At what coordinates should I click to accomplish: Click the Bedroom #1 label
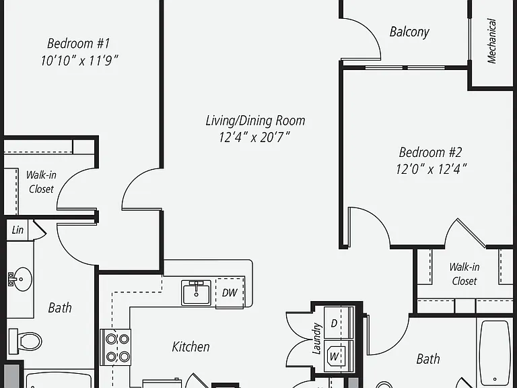[x=79, y=44]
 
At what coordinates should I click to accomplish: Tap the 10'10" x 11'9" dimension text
[x=79, y=61]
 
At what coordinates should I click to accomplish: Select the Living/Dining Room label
[x=255, y=121]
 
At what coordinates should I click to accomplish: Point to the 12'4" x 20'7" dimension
[x=254, y=137]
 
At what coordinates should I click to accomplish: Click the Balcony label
[x=409, y=32]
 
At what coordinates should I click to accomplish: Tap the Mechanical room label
[x=491, y=41]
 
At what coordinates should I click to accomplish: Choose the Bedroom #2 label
[x=430, y=152]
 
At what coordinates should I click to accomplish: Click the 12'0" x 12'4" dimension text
[x=431, y=170]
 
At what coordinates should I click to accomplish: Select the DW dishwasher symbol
[x=230, y=293]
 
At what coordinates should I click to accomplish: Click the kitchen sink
[x=196, y=292]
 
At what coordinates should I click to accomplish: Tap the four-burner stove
[x=115, y=347]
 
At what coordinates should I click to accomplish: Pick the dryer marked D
[x=339, y=323]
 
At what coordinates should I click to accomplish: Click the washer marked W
[x=339, y=356]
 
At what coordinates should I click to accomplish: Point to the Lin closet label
[x=18, y=230]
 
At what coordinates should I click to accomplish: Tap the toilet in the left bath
[x=25, y=340]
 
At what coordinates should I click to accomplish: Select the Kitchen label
[x=191, y=347]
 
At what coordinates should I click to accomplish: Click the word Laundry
[x=316, y=339]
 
